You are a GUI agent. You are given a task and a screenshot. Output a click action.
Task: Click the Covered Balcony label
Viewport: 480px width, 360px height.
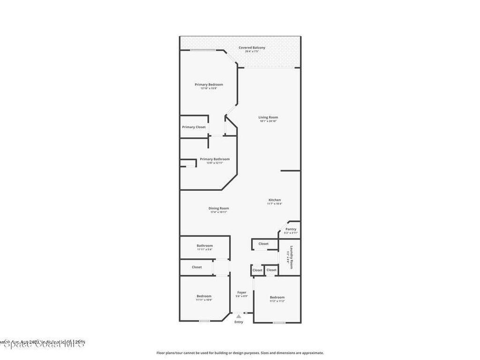pos(252,47)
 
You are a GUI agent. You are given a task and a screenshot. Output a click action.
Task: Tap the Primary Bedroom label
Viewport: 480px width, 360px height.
pos(209,84)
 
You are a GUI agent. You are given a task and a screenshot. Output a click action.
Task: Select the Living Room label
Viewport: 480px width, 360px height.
pos(268,117)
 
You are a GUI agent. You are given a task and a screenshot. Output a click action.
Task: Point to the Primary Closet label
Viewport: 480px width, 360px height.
pos(194,127)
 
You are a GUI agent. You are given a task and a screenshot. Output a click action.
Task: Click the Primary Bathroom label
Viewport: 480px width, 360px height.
pos(215,159)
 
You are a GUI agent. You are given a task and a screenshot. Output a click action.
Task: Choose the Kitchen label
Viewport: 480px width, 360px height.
pos(274,200)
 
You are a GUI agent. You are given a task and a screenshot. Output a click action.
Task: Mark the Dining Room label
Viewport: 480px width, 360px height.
pos(218,208)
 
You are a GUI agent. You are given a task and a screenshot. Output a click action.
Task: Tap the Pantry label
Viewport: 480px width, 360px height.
pos(291,229)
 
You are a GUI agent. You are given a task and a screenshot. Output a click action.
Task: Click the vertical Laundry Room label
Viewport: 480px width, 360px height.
pos(291,257)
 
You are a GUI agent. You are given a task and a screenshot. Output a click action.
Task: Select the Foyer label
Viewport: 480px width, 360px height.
pos(241,292)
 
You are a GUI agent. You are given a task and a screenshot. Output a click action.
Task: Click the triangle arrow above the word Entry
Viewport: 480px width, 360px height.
pos(239,316)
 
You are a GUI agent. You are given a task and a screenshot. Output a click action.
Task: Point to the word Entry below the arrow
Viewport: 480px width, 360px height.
pos(239,322)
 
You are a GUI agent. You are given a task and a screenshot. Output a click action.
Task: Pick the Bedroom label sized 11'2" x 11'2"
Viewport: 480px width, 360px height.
pos(277,297)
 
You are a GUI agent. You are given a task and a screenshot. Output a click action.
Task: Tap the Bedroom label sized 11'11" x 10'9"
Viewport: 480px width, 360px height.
pos(204,296)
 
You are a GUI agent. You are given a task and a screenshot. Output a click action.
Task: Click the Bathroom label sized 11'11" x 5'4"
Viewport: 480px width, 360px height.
pos(204,246)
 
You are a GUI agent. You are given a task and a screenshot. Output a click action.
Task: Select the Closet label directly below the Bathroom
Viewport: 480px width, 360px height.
pos(197,267)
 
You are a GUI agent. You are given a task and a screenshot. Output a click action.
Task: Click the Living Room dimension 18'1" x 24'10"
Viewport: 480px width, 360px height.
pos(268,121)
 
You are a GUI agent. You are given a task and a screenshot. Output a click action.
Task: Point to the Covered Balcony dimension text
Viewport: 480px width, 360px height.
pos(252,51)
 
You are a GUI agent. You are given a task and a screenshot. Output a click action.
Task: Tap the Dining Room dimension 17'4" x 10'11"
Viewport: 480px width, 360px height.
pos(218,212)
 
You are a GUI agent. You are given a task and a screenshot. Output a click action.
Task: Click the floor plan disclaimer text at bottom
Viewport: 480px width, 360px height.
pos(240,353)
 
